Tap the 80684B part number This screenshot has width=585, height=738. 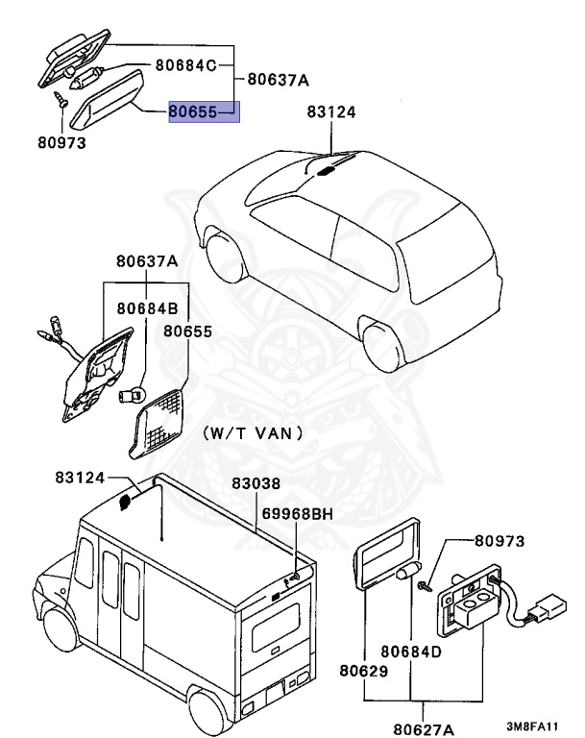click(147, 309)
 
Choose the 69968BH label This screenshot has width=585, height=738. click(300, 514)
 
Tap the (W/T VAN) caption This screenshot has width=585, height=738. click(253, 434)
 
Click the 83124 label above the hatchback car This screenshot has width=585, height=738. click(331, 112)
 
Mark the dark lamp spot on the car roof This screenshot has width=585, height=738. click(327, 170)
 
